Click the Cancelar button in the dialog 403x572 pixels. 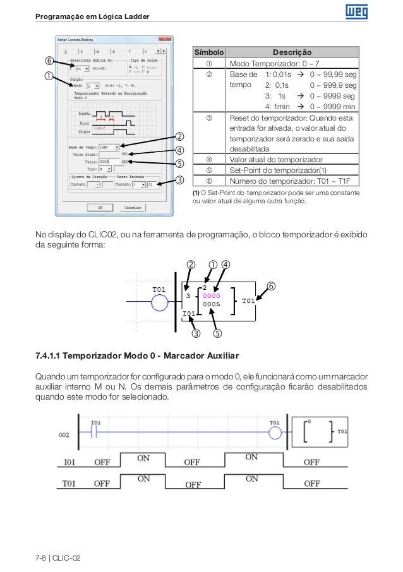pyautogui.click(x=132, y=206)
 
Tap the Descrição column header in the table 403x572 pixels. pyautogui.click(x=291, y=52)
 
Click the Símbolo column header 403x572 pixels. pyautogui.click(x=208, y=52)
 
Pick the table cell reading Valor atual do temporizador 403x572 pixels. pyautogui.click(x=277, y=159)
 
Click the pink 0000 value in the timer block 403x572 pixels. pyautogui.click(x=212, y=295)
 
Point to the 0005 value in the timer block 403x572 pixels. pyautogui.click(x=212, y=304)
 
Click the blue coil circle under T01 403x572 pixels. pyautogui.click(x=160, y=304)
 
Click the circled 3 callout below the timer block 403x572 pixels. pyautogui.click(x=196, y=333)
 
